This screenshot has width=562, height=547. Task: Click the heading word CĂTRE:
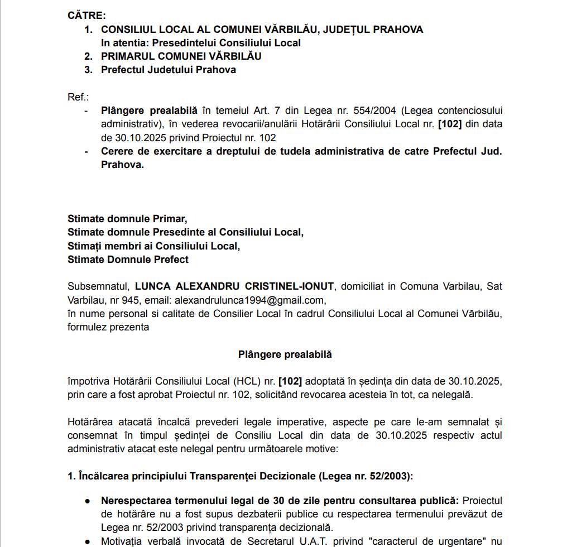pos(87,16)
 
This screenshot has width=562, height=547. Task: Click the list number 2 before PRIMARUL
pos(88,56)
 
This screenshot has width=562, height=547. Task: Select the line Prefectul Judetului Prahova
pos(168,70)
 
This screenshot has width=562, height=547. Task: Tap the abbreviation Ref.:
pos(78,97)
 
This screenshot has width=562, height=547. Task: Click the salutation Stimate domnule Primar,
pos(127,219)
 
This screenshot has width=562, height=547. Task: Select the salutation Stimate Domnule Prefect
pos(128,259)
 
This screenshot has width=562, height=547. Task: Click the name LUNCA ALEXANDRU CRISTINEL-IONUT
pos(234,286)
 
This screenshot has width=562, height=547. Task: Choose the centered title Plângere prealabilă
pos(285,354)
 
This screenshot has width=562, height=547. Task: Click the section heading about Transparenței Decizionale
pos(240,476)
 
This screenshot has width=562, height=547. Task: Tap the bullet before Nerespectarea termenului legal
pos(88,501)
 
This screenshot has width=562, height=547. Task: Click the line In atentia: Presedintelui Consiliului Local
pos(200,43)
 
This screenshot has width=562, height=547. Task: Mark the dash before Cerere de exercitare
pos(86,151)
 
